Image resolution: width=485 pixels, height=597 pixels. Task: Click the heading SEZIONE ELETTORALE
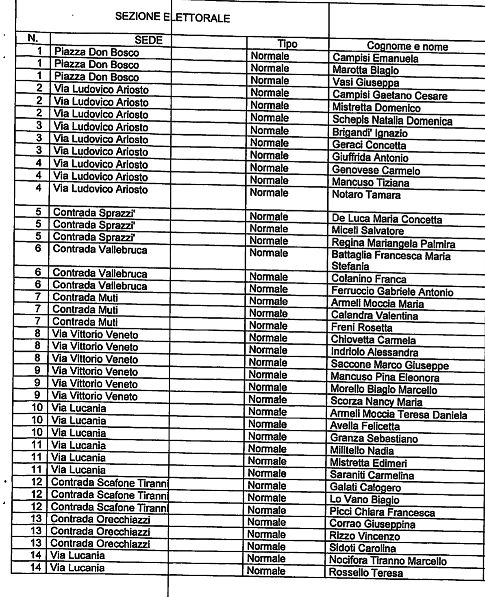click(x=172, y=17)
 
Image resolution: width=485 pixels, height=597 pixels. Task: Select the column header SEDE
click(x=148, y=40)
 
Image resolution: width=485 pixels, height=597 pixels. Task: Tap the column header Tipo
click(x=287, y=44)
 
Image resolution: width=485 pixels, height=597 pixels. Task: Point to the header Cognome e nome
click(x=407, y=46)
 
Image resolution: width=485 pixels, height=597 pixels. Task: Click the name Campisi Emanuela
click(x=375, y=58)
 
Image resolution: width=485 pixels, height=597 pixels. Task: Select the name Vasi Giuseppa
click(x=366, y=83)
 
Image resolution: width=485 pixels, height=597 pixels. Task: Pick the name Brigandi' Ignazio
click(x=370, y=133)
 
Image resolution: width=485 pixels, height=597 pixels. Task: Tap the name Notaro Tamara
click(x=366, y=195)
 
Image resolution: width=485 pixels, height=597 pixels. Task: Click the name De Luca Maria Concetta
click(x=387, y=219)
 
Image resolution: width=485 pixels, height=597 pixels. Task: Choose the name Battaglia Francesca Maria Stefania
click(x=391, y=261)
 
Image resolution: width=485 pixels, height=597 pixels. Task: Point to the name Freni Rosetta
click(x=361, y=328)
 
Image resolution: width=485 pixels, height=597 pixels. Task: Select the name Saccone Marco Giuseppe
click(x=389, y=365)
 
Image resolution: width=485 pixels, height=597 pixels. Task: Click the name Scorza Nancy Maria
click(x=376, y=402)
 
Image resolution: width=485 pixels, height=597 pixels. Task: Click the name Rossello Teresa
click(x=365, y=573)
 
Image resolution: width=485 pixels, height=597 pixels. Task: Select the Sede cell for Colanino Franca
click(x=100, y=273)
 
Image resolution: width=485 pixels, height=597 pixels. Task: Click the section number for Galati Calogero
click(x=37, y=482)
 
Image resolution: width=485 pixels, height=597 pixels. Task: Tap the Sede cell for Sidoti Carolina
click(x=100, y=544)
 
